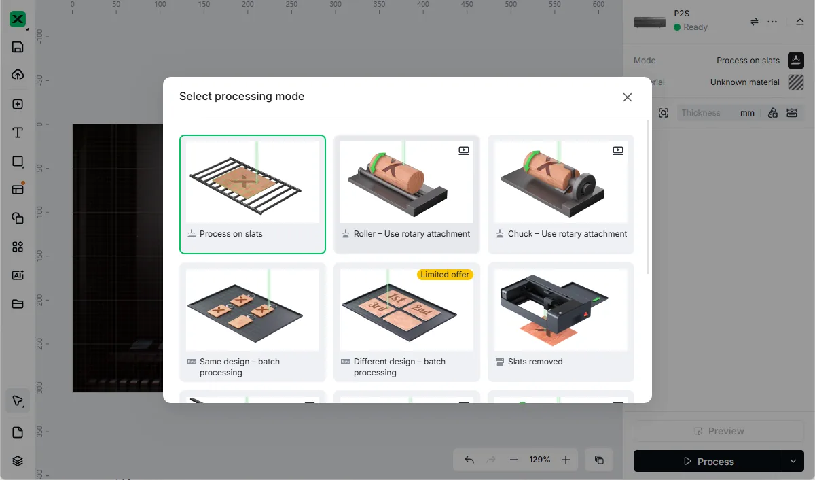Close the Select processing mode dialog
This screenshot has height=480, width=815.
click(x=628, y=97)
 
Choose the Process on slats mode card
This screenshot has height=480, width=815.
click(x=253, y=194)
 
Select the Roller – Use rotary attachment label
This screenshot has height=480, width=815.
click(x=412, y=234)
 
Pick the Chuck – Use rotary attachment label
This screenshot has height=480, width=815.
click(x=567, y=234)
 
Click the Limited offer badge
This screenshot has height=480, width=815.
click(x=445, y=275)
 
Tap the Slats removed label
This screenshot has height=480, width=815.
click(x=535, y=362)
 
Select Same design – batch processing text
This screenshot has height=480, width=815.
click(x=239, y=367)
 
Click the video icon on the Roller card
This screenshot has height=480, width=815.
click(x=463, y=150)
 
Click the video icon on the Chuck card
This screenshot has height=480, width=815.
click(x=618, y=150)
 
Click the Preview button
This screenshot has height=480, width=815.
click(x=719, y=431)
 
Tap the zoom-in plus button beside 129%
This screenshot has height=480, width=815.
click(x=565, y=460)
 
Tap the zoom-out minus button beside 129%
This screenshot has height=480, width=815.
click(x=513, y=460)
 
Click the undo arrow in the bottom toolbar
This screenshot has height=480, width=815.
click(x=469, y=460)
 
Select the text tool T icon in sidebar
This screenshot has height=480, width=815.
click(x=18, y=133)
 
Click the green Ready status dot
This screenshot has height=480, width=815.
click(x=676, y=27)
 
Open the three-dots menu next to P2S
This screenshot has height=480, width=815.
click(x=772, y=22)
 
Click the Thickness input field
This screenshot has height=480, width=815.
click(x=708, y=113)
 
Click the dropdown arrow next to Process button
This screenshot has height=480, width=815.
click(x=793, y=461)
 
